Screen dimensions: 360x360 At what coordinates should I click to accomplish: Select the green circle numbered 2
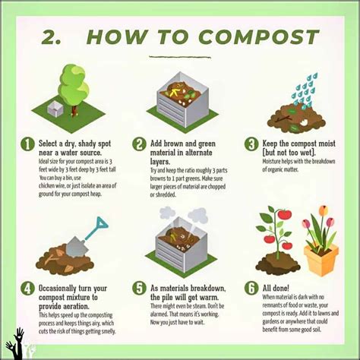139,144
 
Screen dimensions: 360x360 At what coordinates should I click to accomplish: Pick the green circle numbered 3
251,144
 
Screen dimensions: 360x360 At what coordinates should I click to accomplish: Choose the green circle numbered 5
139,289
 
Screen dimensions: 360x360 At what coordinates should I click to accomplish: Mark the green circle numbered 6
251,289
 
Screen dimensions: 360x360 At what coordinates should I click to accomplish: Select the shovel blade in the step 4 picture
75,245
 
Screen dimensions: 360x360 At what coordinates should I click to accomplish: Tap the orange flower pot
320,260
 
